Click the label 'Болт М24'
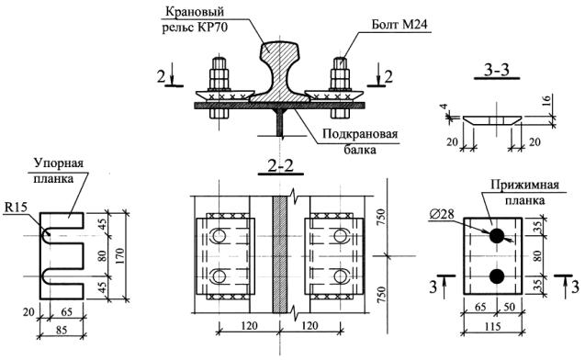point(399,25)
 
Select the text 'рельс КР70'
point(195,28)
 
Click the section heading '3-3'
point(497,70)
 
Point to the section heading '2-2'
point(281,165)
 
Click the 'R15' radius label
point(16,208)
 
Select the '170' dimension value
point(119,255)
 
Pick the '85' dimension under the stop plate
point(62,331)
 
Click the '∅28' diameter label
point(441,214)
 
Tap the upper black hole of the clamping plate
point(497,236)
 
